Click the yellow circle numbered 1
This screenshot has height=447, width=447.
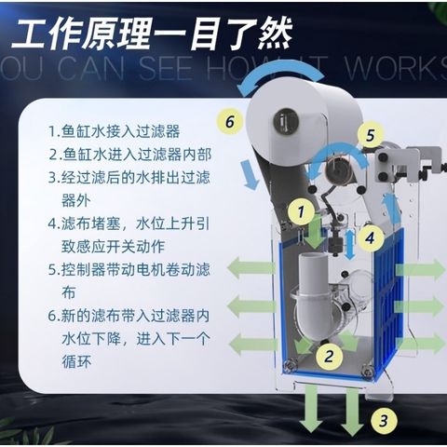(x=301, y=212)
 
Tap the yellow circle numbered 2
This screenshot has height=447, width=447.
(x=329, y=356)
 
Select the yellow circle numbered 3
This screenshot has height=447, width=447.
(x=384, y=420)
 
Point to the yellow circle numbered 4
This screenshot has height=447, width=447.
(x=371, y=238)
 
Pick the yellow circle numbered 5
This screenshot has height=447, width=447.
(x=371, y=136)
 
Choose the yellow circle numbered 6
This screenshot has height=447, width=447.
(x=230, y=121)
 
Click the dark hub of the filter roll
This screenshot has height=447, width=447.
(x=286, y=121)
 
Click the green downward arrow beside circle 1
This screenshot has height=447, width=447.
(x=315, y=234)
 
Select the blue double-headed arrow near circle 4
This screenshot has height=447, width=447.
(x=350, y=245)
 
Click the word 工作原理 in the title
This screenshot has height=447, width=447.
(x=82, y=34)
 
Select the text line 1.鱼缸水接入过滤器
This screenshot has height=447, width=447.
(x=115, y=131)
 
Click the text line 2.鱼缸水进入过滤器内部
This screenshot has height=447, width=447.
(x=130, y=155)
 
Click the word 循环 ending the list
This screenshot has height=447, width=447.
(x=76, y=361)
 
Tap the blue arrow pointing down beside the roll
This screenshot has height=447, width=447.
(x=251, y=174)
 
